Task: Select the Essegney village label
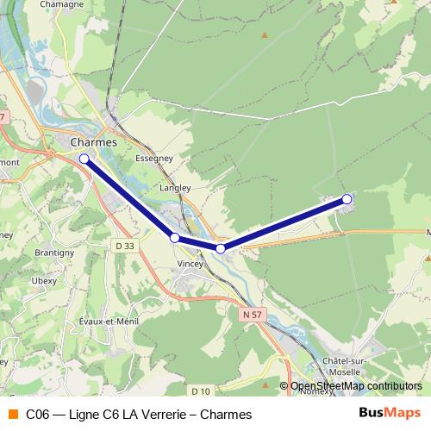point(155,159)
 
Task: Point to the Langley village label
point(175,187)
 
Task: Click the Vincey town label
point(189,265)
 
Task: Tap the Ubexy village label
point(45,280)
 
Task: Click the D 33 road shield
point(126,246)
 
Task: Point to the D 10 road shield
point(202,390)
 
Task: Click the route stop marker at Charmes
point(84,159)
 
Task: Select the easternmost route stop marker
point(347,199)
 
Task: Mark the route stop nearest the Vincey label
point(175,237)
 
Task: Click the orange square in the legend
point(13,415)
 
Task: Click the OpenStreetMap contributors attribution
point(356,386)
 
